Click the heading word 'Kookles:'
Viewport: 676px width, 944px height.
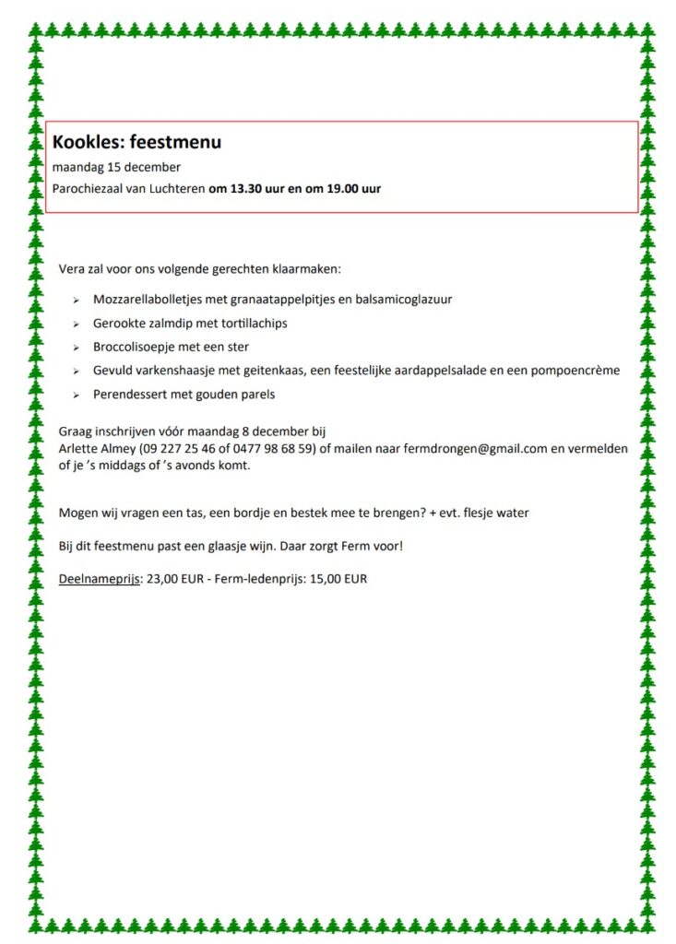click(x=88, y=143)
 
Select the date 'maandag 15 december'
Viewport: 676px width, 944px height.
click(x=116, y=167)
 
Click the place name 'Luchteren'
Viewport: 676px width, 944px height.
click(x=175, y=189)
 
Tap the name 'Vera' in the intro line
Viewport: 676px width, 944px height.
click(x=71, y=270)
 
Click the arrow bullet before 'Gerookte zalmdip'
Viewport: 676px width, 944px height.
click(x=76, y=324)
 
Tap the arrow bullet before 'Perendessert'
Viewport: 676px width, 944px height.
click(x=76, y=395)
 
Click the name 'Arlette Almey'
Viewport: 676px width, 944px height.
click(x=95, y=448)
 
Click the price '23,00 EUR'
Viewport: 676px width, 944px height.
click(x=175, y=580)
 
